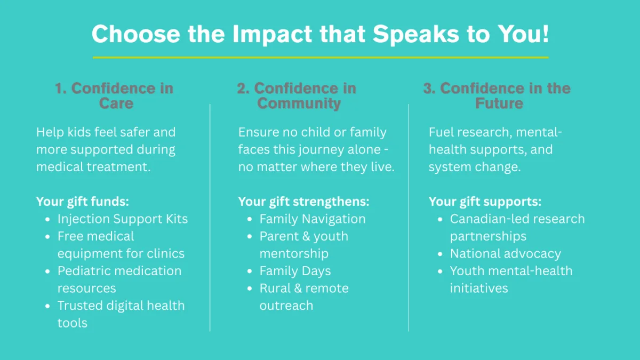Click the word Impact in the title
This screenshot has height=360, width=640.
pyautogui.click(x=272, y=34)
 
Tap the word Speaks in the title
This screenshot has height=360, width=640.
pyautogui.click(x=415, y=34)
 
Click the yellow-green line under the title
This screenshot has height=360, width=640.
pyautogui.click(x=321, y=58)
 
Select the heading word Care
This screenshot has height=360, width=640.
pyautogui.click(x=116, y=103)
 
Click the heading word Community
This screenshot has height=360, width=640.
pyautogui.click(x=299, y=103)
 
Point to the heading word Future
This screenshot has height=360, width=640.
pyautogui.click(x=499, y=103)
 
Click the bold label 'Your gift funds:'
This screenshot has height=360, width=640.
pyautogui.click(x=83, y=202)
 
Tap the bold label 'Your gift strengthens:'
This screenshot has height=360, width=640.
pyautogui.click(x=303, y=202)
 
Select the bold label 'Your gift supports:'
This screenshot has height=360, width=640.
pyautogui.click(x=485, y=202)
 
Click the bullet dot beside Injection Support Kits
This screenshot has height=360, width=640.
pyautogui.click(x=47, y=219)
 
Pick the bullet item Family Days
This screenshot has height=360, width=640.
pyautogui.click(x=295, y=271)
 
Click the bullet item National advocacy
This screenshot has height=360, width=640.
pyautogui.click(x=506, y=254)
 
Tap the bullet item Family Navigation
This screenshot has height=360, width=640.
pyautogui.click(x=313, y=219)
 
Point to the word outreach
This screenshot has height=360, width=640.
pyautogui.click(x=286, y=306)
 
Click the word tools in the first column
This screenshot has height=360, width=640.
pyautogui.click(x=73, y=323)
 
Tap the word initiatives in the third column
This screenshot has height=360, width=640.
pyautogui.click(x=479, y=289)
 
